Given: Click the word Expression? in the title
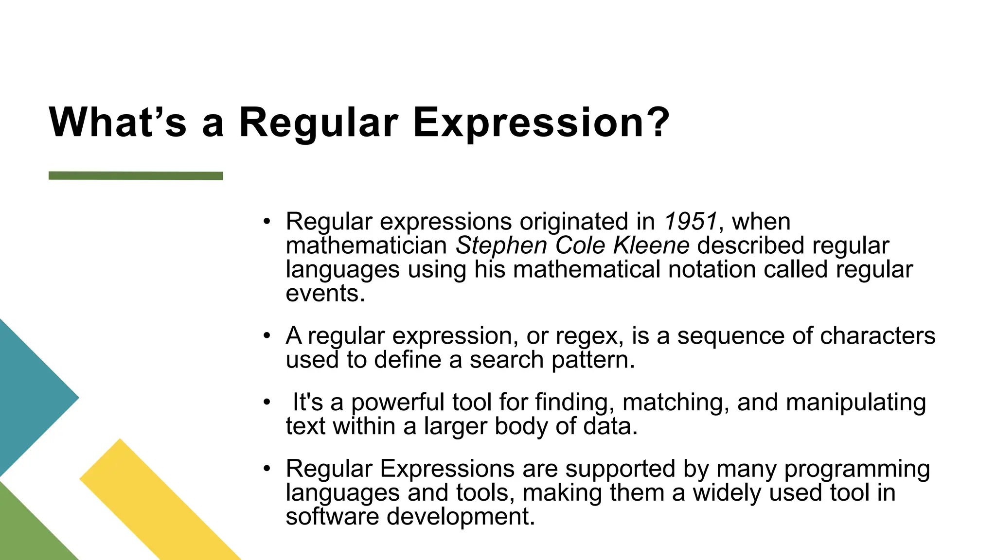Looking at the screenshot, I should tap(541, 122).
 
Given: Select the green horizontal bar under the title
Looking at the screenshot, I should tap(136, 175).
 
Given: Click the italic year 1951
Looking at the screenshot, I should tap(690, 222).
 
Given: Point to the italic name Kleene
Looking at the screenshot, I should tap(651, 245).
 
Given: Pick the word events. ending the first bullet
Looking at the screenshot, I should tap(325, 293).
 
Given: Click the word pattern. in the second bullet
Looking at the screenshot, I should tap(593, 360).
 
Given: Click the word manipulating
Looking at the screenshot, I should tap(855, 402).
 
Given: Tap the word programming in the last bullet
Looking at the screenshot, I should tap(857, 469).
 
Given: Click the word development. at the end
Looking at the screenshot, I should tap(461, 516).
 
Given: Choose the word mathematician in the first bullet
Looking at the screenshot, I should tap(366, 245).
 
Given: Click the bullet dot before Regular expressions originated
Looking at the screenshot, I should tap(266, 222).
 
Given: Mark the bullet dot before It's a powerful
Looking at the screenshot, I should tap(266, 403).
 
